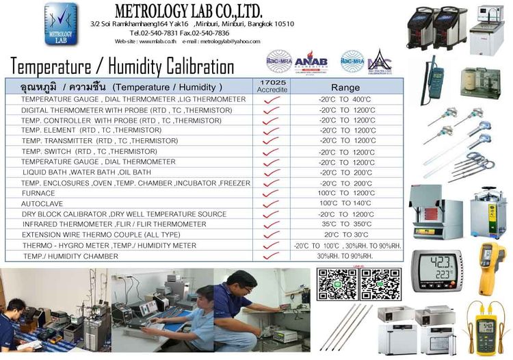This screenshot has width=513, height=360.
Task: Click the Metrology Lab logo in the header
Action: tap(61, 25)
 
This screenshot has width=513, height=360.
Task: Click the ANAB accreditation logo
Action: tap(311, 62)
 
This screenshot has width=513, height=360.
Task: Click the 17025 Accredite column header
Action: tap(272, 86)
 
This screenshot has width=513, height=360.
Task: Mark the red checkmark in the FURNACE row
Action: tap(272, 194)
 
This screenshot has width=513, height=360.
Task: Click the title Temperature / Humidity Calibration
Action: tap(122, 66)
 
